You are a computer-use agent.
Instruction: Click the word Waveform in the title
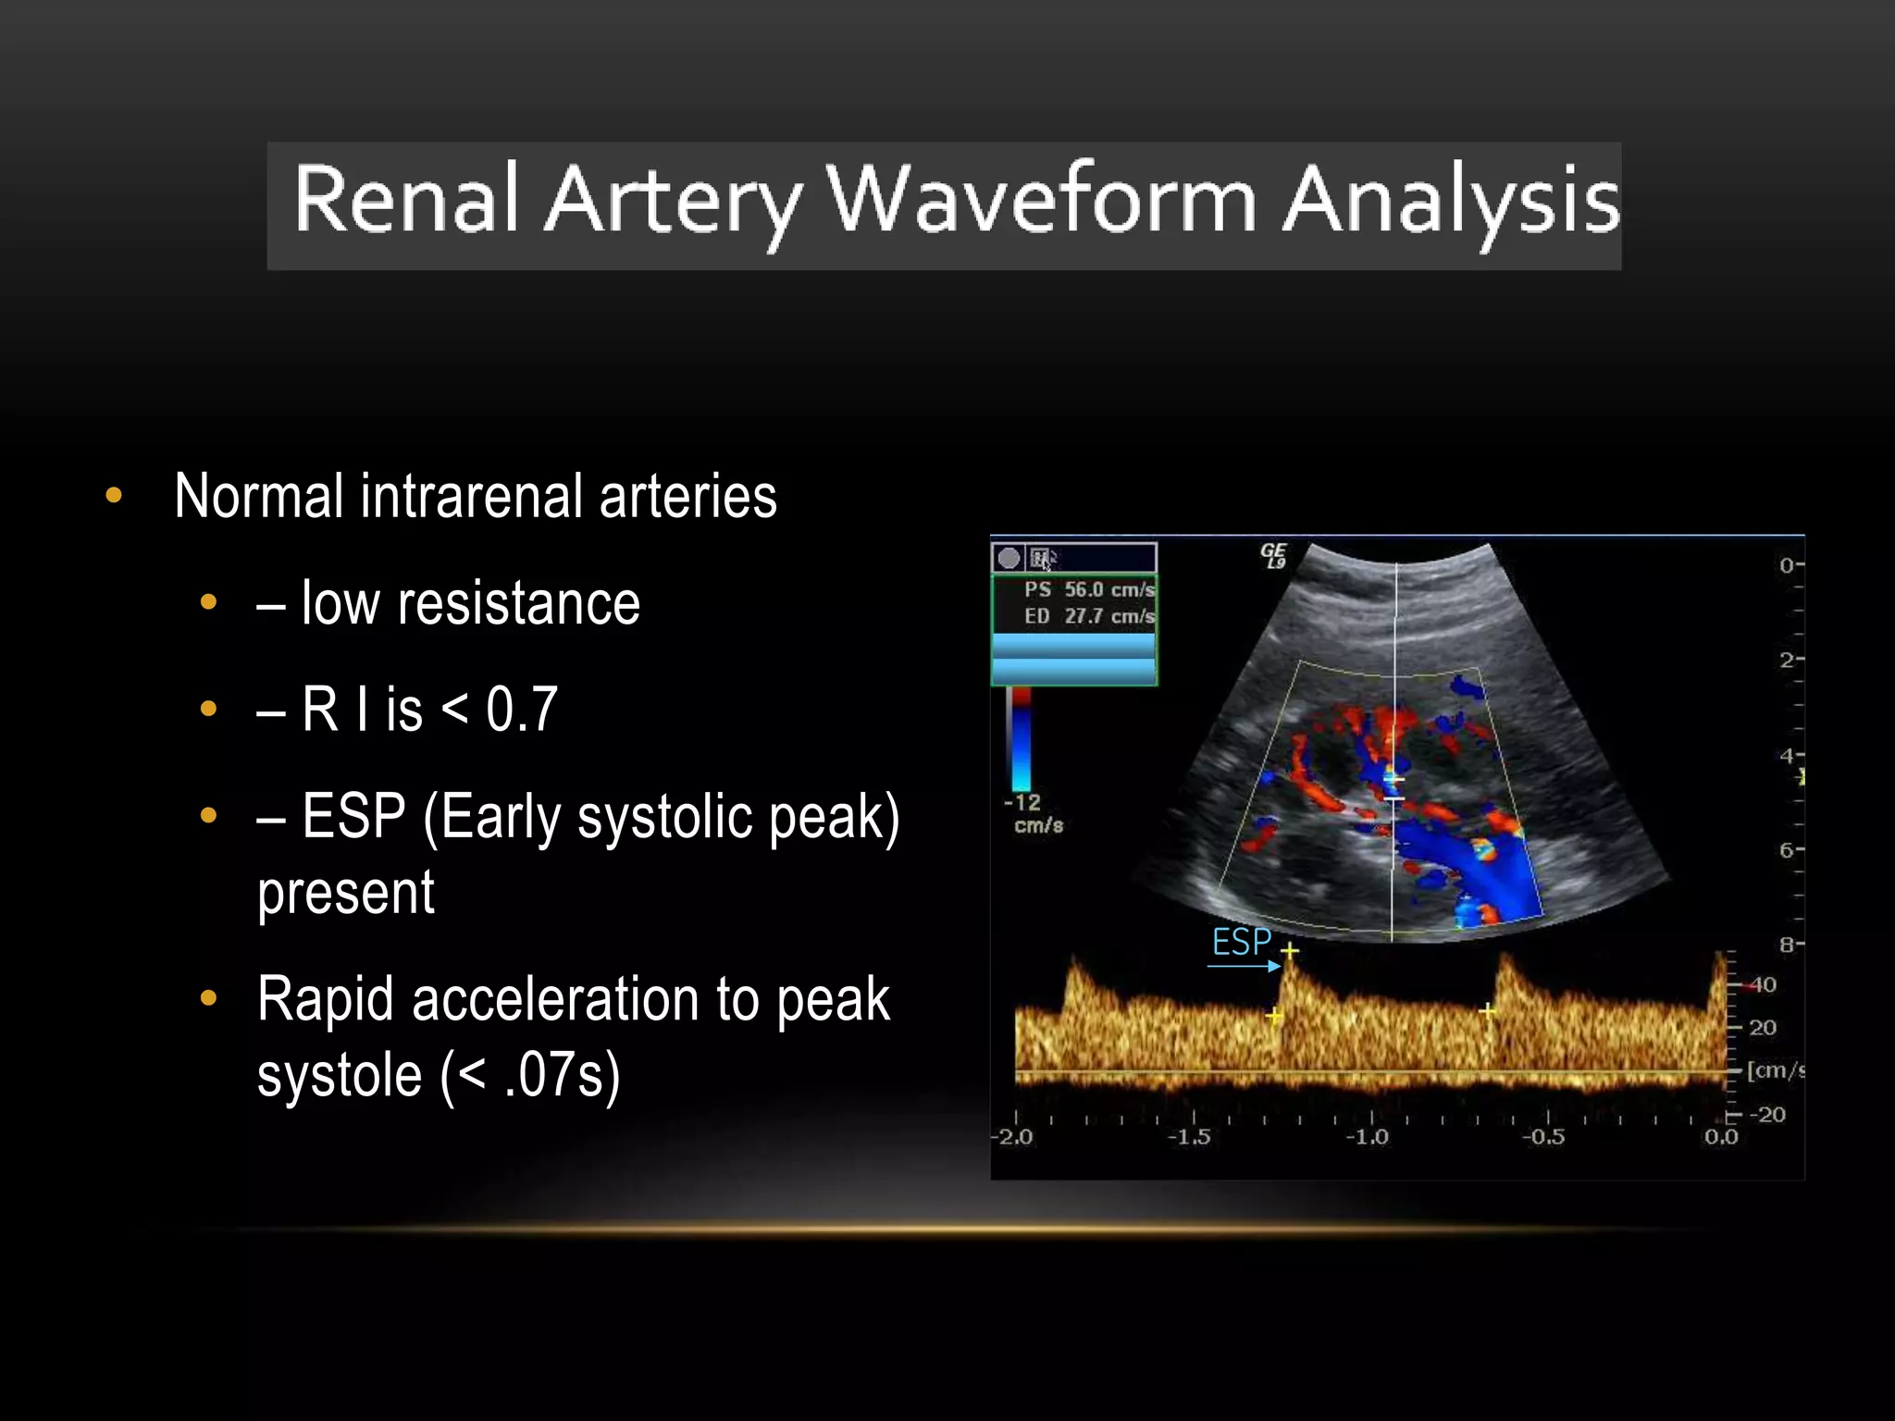point(1041,199)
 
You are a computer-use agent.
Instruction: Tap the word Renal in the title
point(405,199)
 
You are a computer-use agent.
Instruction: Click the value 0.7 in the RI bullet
point(522,710)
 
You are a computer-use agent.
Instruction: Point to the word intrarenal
point(474,497)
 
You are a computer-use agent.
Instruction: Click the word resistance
point(518,604)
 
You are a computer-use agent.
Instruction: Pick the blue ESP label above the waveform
point(1241,942)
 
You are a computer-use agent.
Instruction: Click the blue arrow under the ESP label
point(1244,966)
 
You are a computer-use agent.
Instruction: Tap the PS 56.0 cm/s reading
point(1089,589)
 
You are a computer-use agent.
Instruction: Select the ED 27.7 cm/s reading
point(1089,616)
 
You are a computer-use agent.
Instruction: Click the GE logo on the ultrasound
point(1273,555)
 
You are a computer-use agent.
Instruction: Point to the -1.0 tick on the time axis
point(1368,1137)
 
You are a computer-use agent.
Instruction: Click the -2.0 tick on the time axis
point(1013,1137)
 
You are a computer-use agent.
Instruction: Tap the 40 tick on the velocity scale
point(1762,984)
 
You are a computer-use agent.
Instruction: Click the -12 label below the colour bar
point(1023,802)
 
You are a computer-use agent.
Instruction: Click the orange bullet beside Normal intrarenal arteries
point(114,496)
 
